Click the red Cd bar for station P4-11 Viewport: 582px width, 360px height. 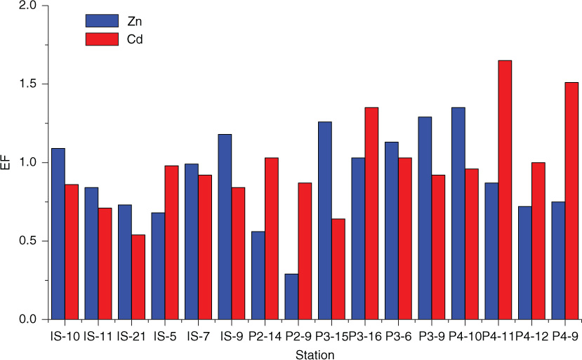(x=500, y=189)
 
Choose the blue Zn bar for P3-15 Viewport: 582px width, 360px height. (x=325, y=220)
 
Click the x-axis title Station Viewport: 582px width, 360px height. (x=315, y=354)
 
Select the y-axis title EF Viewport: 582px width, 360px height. (x=6, y=163)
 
